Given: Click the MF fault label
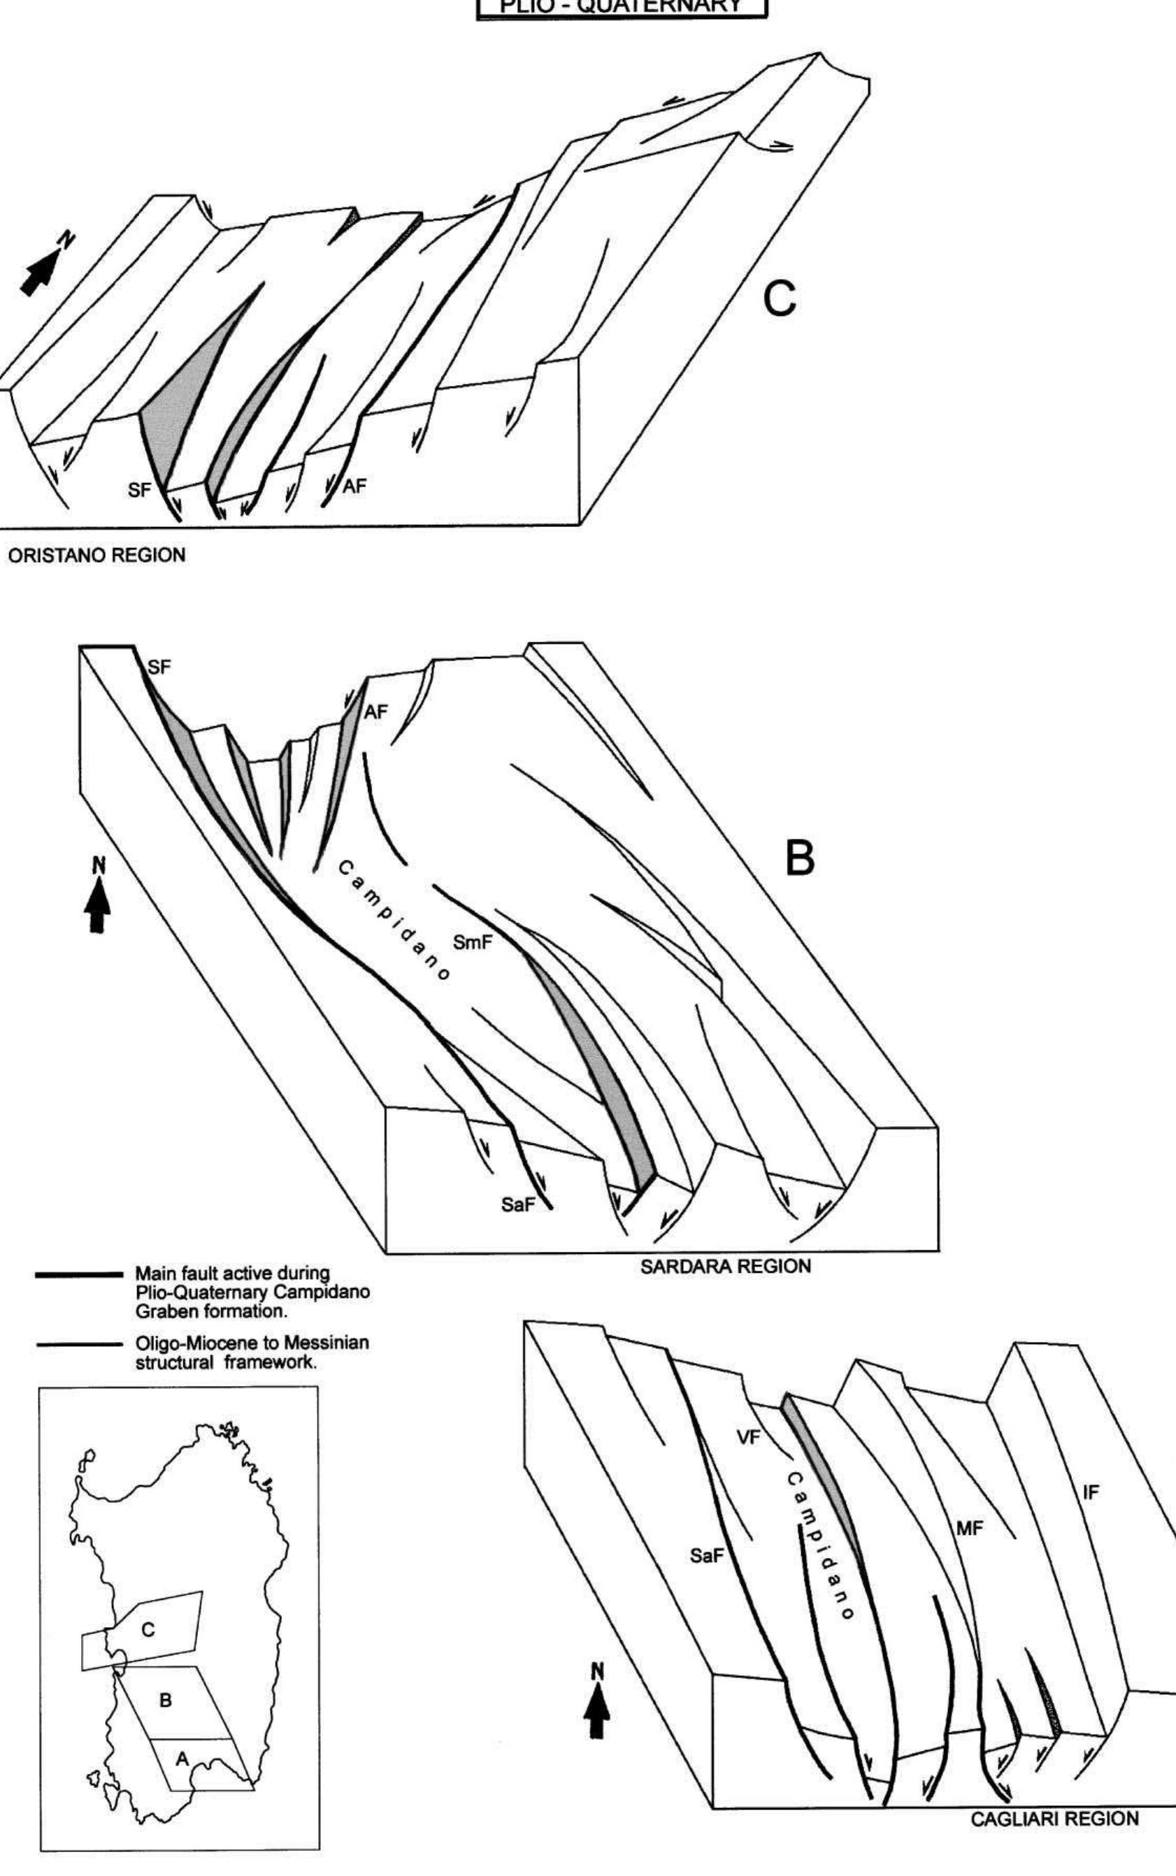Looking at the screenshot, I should [970, 1528].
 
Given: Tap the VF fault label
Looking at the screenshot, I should [748, 1438].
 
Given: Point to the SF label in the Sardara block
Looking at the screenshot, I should [159, 665].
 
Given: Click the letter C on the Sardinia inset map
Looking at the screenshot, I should [148, 1631].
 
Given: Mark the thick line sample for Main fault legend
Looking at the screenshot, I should [78, 1275].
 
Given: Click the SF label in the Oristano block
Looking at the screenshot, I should [139, 491].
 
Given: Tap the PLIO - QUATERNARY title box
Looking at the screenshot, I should [622, 8].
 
